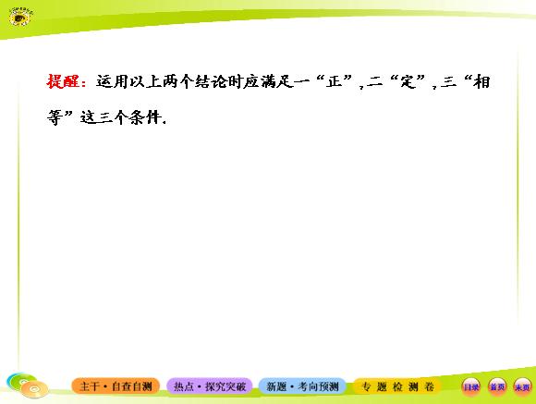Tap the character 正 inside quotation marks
pyautogui.click(x=334, y=82)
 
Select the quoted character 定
pyautogui.click(x=408, y=82)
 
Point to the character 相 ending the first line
pyautogui.click(x=482, y=82)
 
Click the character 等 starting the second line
pyautogui.click(x=55, y=117)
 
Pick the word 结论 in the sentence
pyautogui.click(x=211, y=82)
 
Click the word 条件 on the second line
pyautogui.click(x=145, y=117)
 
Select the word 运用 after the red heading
pyautogui.click(x=112, y=82)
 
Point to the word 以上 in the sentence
pyautogui.click(x=145, y=82)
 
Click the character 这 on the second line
pyautogui.click(x=88, y=117)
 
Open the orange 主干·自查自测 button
pyautogui.click(x=116, y=386)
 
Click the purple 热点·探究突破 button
pyautogui.click(x=210, y=386)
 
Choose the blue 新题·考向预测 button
pyautogui.click(x=302, y=386)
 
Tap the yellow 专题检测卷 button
pyautogui.click(x=397, y=386)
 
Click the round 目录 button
pyautogui.click(x=471, y=387)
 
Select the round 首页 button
pyautogui.click(x=497, y=387)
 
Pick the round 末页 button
pyautogui.click(x=522, y=387)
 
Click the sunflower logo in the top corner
pyautogui.click(x=20, y=18)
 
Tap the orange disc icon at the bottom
pyautogui.click(x=34, y=389)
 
